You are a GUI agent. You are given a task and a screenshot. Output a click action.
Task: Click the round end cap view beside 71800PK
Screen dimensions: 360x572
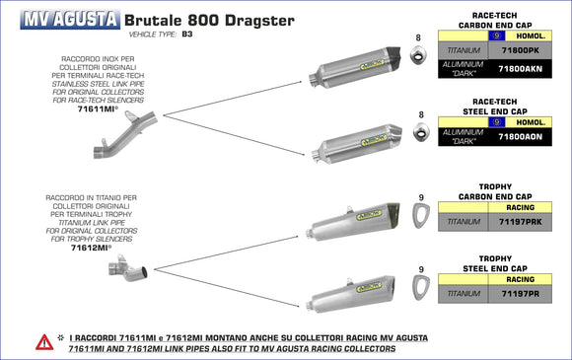422,59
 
